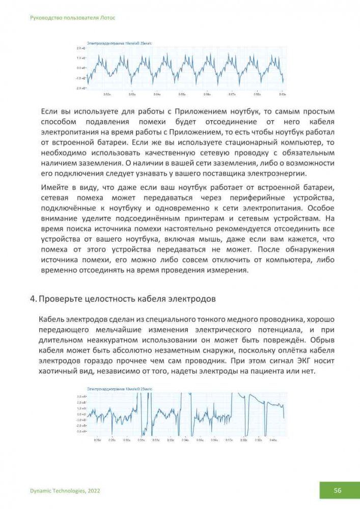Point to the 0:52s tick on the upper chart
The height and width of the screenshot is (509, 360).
pos(107,94)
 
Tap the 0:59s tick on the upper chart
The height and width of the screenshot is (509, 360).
pos(282,94)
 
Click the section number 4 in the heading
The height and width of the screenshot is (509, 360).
pos(33,299)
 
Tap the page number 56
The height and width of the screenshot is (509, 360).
pos(338,490)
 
